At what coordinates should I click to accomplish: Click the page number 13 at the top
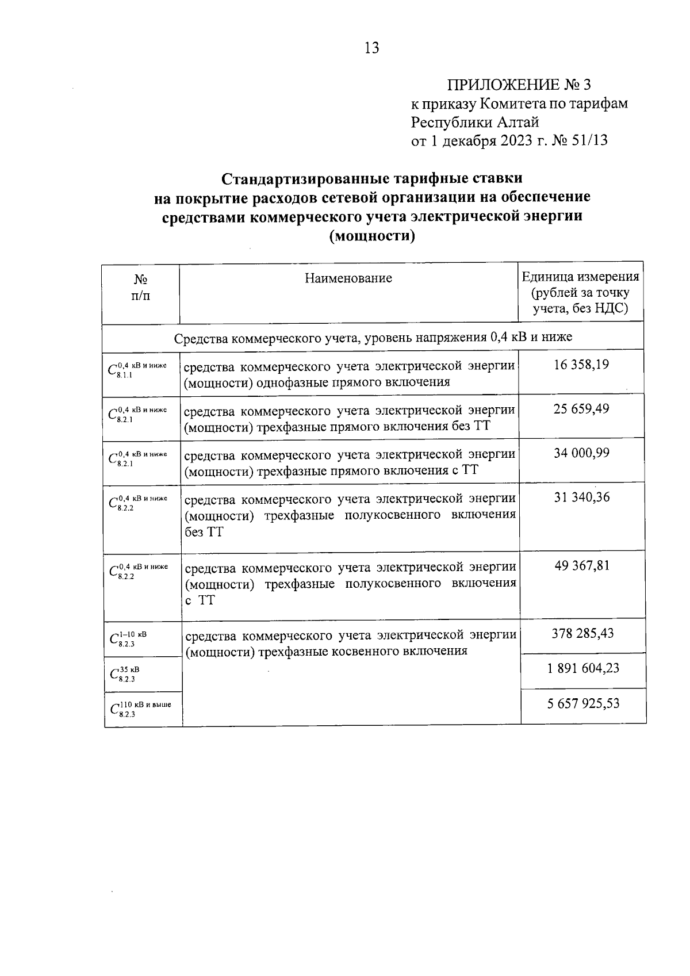click(x=371, y=48)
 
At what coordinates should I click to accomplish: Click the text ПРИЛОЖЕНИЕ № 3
click(x=519, y=85)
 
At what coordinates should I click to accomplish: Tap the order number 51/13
click(x=587, y=140)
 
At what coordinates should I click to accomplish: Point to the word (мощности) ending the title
click(x=371, y=236)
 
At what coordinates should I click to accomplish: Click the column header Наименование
click(x=348, y=278)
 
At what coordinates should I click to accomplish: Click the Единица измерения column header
click(x=580, y=293)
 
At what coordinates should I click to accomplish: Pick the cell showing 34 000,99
click(x=581, y=453)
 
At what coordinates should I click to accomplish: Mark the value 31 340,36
click(x=581, y=497)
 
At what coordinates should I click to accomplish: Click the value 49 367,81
click(x=581, y=566)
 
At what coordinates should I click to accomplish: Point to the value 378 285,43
click(x=582, y=634)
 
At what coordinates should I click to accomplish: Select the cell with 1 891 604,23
click(x=582, y=668)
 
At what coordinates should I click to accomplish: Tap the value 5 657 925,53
click(x=582, y=703)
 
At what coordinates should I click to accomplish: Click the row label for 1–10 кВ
click(x=128, y=638)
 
